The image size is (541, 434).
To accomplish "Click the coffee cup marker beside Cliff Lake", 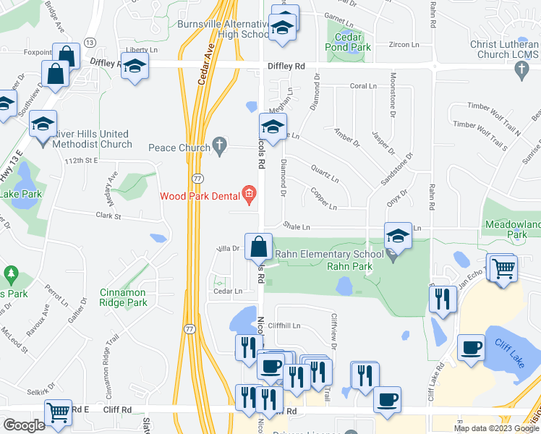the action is pos(471,349).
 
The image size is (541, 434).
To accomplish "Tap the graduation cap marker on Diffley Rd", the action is pos(135,68).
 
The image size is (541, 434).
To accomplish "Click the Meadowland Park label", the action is pos(513,229).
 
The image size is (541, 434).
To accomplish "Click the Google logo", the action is pos(24,425).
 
